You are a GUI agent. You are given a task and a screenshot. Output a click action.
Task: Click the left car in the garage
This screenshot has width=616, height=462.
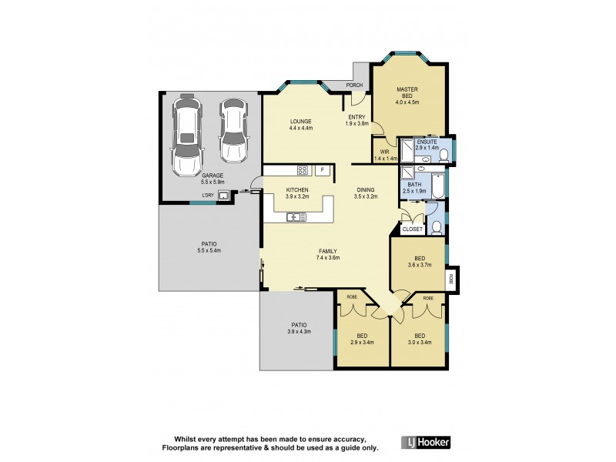point(186,136)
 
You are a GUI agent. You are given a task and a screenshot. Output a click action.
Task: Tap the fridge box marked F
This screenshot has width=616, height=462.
point(323,170)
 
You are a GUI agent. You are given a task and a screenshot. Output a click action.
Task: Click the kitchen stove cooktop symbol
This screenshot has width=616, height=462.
point(303,170)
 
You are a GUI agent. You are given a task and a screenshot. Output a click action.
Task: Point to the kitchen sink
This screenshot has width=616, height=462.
point(296,217)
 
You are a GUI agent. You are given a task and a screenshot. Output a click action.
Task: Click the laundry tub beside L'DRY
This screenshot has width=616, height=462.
point(224,196)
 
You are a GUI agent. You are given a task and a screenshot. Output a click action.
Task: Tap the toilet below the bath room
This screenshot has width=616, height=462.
point(436,226)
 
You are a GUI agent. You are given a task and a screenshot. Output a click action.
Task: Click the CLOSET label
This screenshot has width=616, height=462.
point(413,229)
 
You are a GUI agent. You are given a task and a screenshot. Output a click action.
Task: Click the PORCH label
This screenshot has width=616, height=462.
point(354,85)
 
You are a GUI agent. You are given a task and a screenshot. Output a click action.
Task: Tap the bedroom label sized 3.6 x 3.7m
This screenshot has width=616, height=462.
point(419,264)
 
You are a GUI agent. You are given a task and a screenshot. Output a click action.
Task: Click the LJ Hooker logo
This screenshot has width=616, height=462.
point(426,442)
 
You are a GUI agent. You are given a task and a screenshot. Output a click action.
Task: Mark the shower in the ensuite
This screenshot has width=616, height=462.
point(404,146)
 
